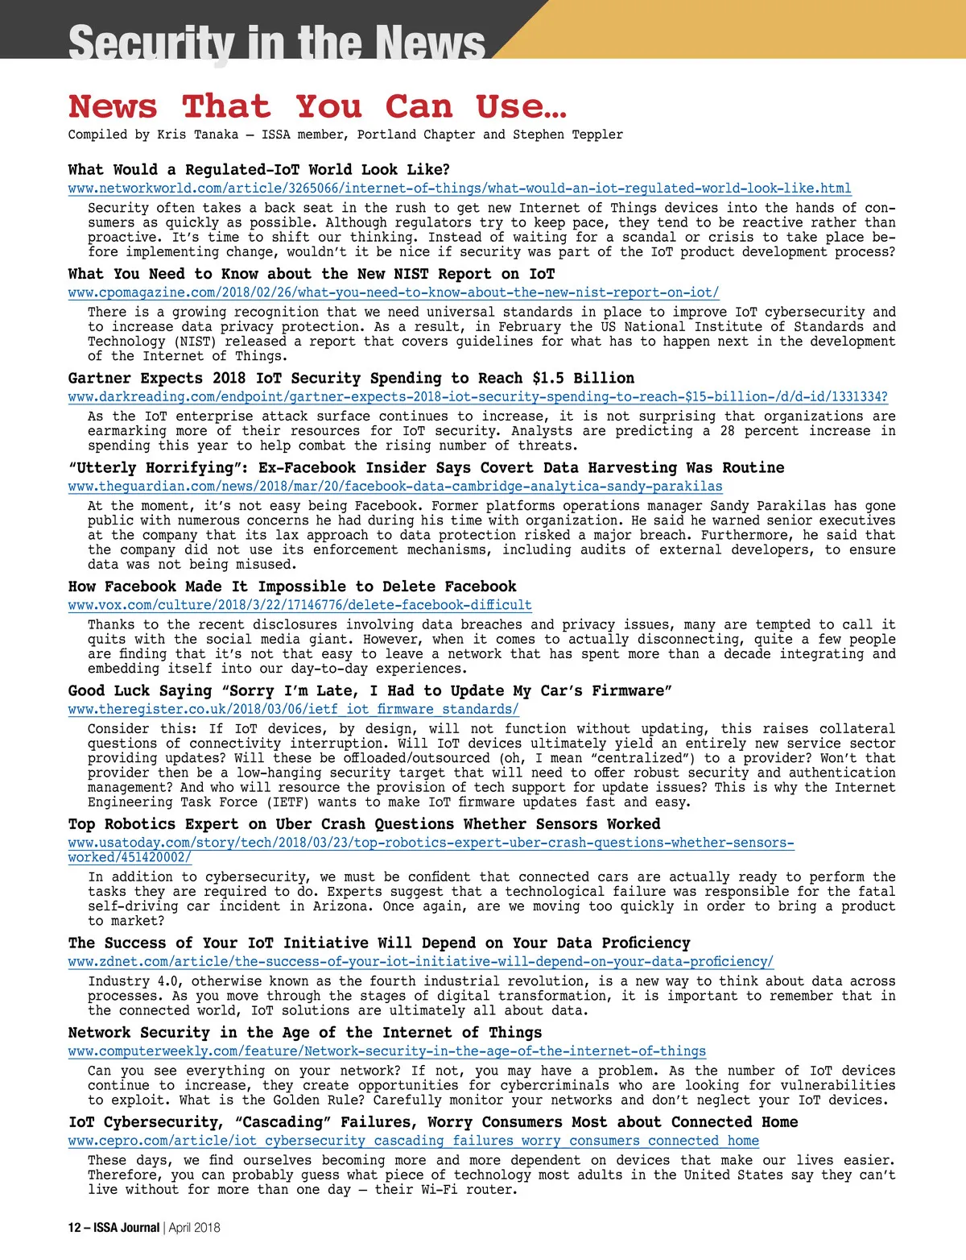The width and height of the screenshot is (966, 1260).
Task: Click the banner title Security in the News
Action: tap(277, 42)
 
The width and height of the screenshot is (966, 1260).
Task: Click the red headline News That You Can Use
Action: tap(317, 106)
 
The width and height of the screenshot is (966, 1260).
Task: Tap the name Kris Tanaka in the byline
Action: tap(198, 135)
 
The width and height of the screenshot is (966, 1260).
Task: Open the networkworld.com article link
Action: tap(459, 189)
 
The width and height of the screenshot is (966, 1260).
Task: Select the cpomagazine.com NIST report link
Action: tap(394, 292)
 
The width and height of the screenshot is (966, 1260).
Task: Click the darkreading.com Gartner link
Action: tap(477, 396)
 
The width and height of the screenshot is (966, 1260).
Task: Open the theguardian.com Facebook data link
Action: tap(394, 486)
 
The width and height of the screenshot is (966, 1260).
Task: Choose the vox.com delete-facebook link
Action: tap(299, 604)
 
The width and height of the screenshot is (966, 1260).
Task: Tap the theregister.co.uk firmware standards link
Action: tap(293, 709)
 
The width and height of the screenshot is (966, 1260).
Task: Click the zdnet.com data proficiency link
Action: tap(420, 961)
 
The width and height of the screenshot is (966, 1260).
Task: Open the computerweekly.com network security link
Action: tap(386, 1051)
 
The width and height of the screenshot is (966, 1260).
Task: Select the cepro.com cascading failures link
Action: tap(413, 1140)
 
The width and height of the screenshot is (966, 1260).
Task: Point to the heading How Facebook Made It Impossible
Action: tap(292, 586)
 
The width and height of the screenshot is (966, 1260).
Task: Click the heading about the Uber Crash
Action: tap(364, 823)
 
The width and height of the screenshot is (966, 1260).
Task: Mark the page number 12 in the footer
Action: tap(74, 1227)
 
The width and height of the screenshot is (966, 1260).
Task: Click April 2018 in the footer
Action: tap(194, 1227)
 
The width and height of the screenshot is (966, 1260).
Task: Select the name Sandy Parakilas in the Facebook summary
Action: tap(768, 506)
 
